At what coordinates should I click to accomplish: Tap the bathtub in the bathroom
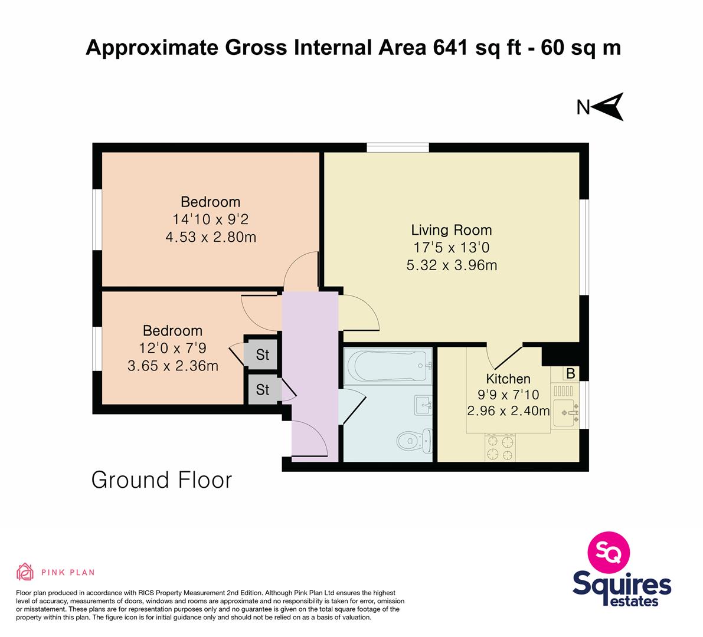388,366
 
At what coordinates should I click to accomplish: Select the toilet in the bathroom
414,441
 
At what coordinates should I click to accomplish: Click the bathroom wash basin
423,405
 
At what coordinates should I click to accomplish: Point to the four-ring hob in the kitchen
500,448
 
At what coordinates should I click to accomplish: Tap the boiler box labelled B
571,373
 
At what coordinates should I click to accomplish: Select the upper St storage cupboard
262,354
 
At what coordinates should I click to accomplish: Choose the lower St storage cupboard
263,389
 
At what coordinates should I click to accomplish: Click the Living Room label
452,230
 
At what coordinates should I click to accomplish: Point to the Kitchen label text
508,379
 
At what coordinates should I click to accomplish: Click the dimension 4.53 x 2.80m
211,237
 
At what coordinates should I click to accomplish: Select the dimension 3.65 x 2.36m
172,366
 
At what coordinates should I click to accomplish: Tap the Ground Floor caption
161,480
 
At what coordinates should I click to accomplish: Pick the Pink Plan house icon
25,572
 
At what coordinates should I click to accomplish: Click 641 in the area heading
451,48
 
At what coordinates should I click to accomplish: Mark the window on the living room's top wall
398,147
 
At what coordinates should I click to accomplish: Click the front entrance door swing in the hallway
309,439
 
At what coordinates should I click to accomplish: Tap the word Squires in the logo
622,585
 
